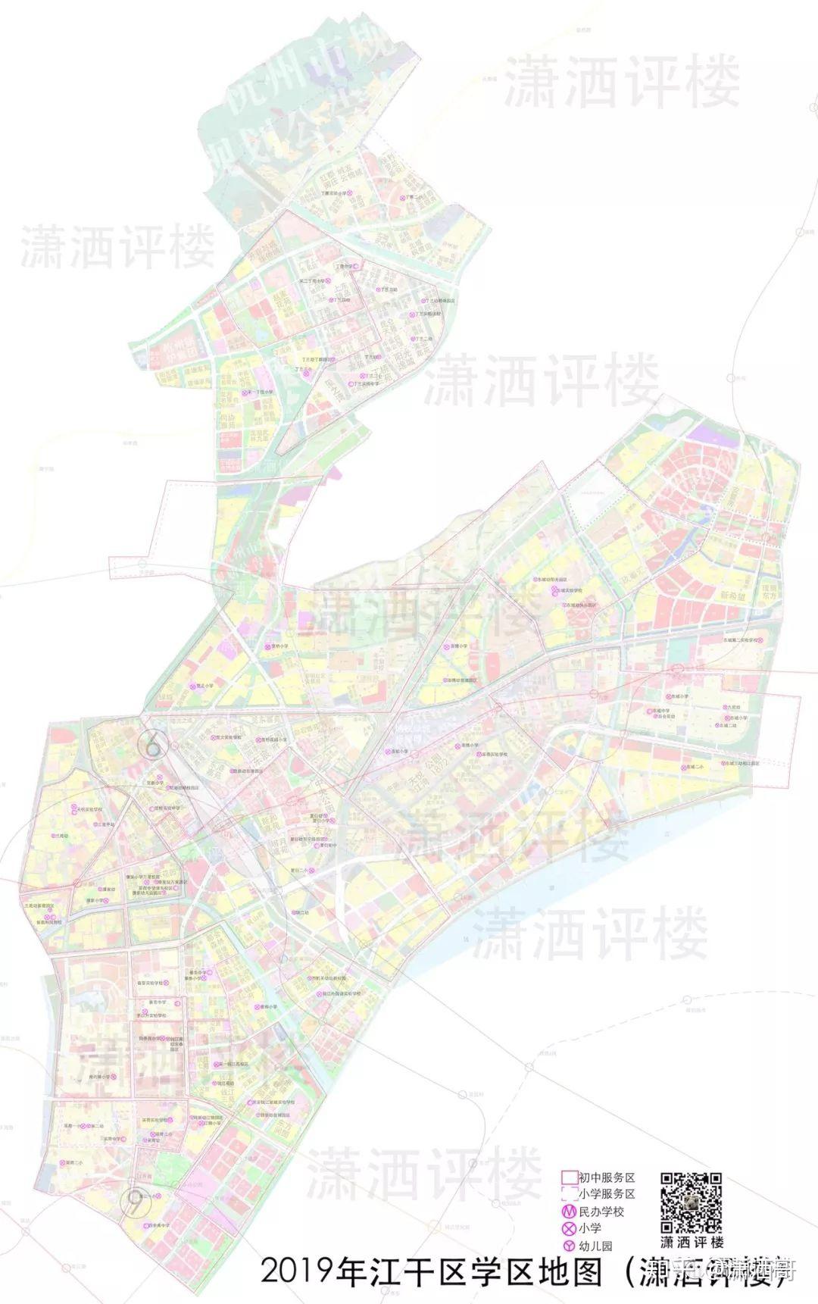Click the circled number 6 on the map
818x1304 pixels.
click(152, 745)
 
